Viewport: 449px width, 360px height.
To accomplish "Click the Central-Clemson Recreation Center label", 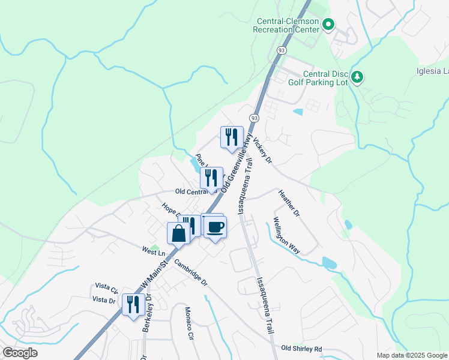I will (x=285, y=25).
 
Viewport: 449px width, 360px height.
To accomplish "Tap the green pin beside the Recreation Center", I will (x=328, y=25).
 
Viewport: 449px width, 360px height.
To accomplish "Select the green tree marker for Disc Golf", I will (x=358, y=77).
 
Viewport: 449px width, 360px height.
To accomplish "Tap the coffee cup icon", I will (x=215, y=227).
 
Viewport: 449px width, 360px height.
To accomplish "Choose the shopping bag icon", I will (x=178, y=234).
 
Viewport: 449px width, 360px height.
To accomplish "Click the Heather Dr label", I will (x=289, y=203).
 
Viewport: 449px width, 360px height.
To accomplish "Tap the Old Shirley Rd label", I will (x=301, y=349).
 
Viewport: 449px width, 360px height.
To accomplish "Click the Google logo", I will (x=20, y=353).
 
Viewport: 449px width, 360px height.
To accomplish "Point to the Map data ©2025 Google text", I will (x=411, y=355).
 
